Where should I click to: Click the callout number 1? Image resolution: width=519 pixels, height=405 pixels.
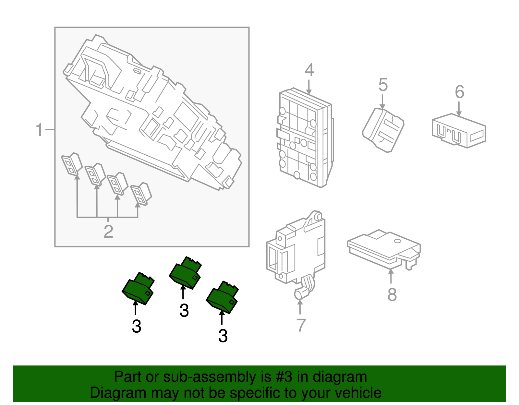(x=39, y=130)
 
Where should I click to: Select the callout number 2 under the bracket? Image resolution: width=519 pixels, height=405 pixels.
(x=108, y=232)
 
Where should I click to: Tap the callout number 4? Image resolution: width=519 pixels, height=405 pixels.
(x=309, y=70)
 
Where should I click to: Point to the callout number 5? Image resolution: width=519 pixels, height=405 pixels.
(x=383, y=85)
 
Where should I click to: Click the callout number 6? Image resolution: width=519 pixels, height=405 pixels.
(x=459, y=92)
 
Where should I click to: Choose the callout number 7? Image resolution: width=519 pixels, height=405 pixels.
(x=301, y=325)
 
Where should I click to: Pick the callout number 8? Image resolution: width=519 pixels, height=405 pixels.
(x=392, y=295)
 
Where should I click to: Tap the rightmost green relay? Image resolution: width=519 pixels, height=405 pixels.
(x=223, y=297)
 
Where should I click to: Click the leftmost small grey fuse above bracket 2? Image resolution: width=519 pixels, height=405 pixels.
(x=72, y=164)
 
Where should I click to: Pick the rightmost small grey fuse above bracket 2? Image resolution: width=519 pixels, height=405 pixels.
(x=141, y=194)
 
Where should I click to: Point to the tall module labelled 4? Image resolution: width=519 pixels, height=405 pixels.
(x=305, y=138)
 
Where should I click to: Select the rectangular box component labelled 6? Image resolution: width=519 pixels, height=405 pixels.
(x=458, y=131)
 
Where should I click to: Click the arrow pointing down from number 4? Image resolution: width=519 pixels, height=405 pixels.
(x=309, y=86)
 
